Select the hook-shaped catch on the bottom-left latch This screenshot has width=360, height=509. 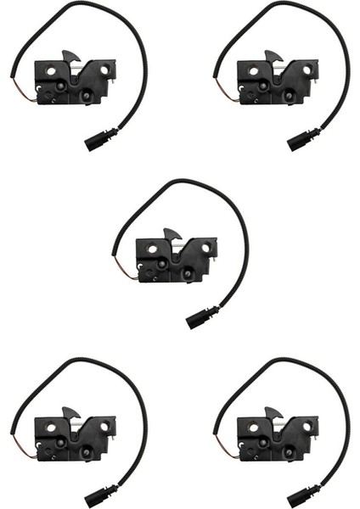70,412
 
